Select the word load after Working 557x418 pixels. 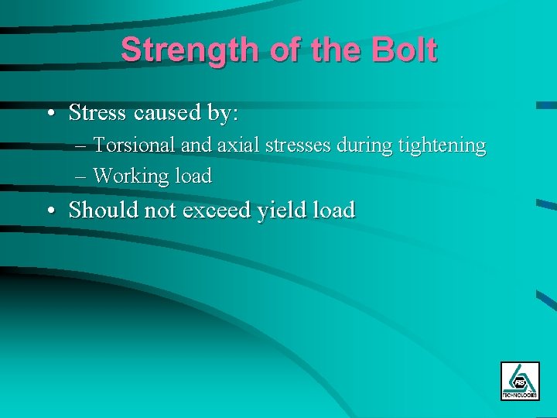click(x=192, y=176)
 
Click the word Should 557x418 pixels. click(x=103, y=210)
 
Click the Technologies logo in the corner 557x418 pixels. click(x=519, y=381)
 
